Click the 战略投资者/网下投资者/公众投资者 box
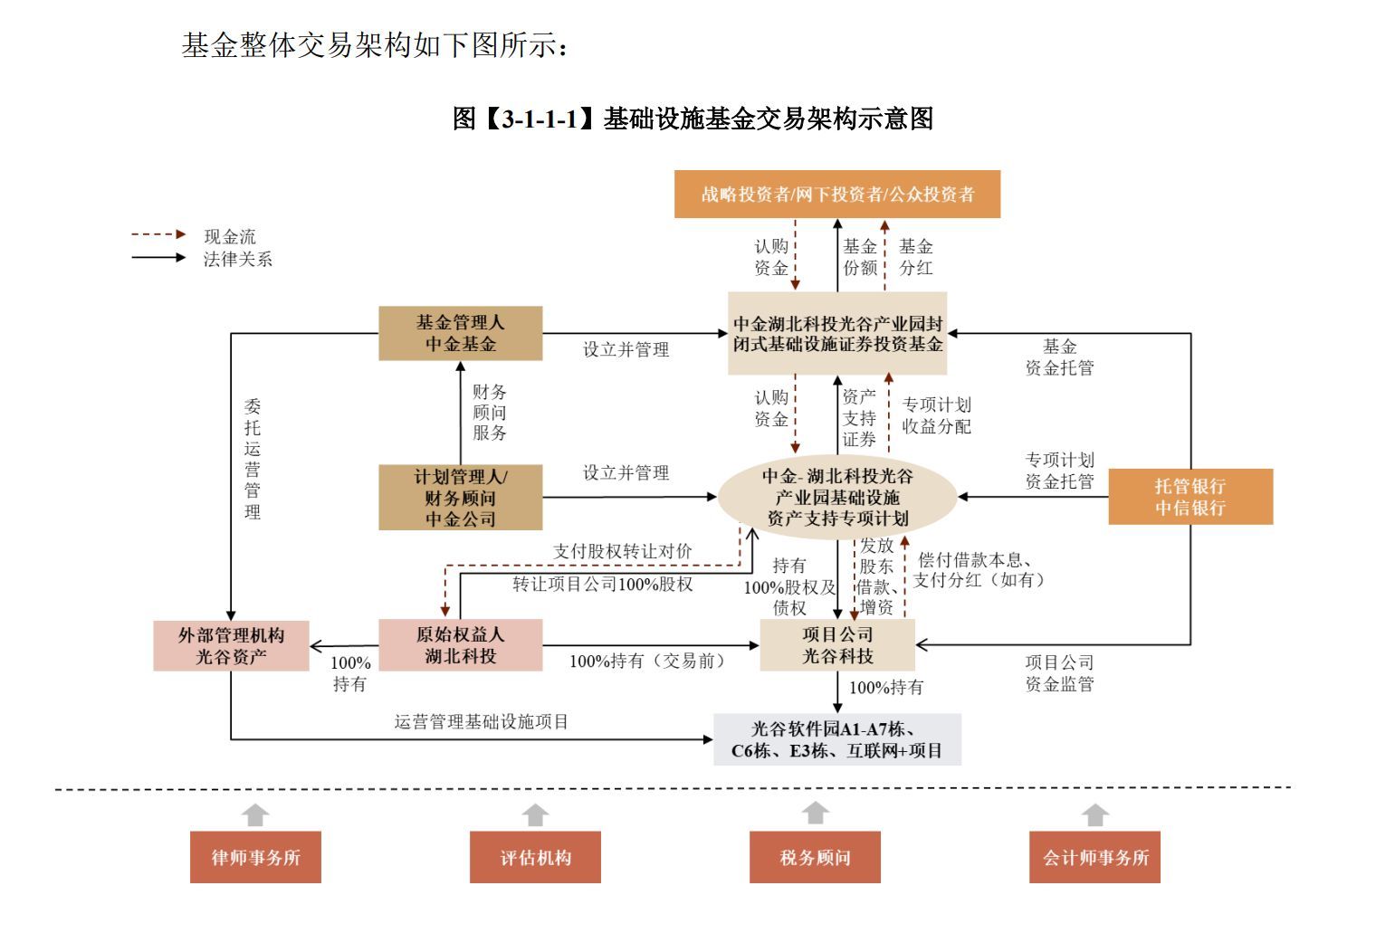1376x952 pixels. (x=836, y=194)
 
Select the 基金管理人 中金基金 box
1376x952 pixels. (x=460, y=333)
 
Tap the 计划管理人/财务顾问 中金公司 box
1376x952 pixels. (x=460, y=497)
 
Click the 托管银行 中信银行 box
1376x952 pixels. (x=1190, y=497)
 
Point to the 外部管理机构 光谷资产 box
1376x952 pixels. (x=231, y=645)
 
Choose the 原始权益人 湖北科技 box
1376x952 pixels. (x=460, y=645)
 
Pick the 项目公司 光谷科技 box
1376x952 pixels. (x=836, y=645)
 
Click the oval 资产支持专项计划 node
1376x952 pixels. (x=836, y=497)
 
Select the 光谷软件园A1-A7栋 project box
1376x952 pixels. (x=836, y=739)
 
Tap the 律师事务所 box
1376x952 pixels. (x=255, y=857)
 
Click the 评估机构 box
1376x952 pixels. (x=535, y=857)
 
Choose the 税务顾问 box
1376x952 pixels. (x=815, y=857)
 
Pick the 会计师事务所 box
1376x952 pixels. (x=1094, y=857)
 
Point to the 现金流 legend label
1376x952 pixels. (x=230, y=236)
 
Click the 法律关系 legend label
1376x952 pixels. (x=237, y=259)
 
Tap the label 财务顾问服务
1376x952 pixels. (x=489, y=412)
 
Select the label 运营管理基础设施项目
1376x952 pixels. (x=481, y=721)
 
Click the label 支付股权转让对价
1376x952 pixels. (x=622, y=551)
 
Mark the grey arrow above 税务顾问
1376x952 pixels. (x=816, y=813)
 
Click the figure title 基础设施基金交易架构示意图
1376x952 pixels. (x=693, y=119)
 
